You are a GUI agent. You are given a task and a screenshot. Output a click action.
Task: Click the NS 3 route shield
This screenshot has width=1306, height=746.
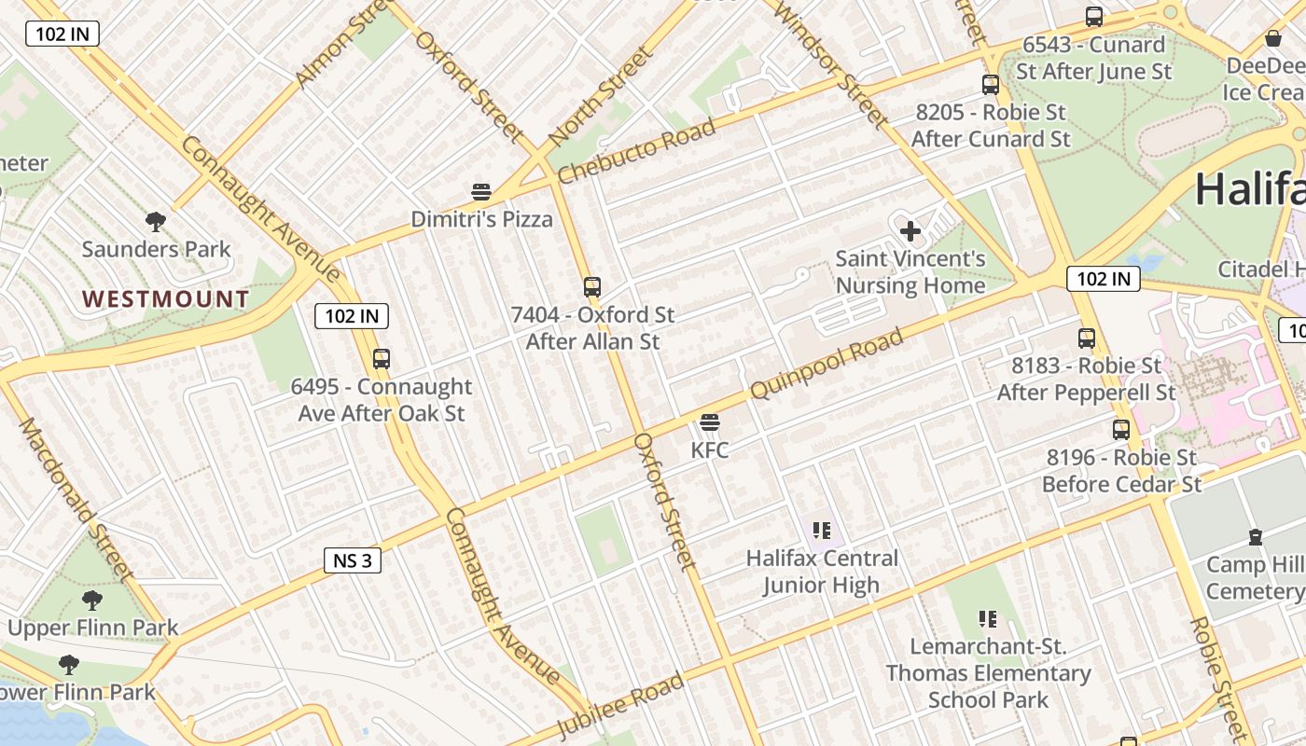pos(353,559)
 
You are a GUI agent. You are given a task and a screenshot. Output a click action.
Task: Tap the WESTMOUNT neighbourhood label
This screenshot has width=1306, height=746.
pos(165,299)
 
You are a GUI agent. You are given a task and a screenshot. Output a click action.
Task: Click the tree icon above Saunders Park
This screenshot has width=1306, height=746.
pos(156,222)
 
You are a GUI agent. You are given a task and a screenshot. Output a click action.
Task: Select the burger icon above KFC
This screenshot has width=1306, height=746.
pos(709,423)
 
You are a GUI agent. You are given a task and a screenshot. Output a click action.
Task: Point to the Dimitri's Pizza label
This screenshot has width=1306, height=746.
pos(481,220)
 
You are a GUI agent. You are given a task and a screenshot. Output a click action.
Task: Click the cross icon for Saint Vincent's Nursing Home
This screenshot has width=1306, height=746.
pos(910,231)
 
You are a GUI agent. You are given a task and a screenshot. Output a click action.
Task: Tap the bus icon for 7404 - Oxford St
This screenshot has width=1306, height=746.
pos(591,287)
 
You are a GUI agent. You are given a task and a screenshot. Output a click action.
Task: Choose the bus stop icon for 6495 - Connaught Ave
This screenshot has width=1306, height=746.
pos(381,359)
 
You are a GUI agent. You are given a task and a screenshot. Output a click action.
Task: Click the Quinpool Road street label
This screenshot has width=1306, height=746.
pos(827,364)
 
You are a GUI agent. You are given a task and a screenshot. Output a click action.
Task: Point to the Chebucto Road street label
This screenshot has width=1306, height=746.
pos(636,151)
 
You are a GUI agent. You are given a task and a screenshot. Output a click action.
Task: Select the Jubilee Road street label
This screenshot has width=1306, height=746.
pos(620,706)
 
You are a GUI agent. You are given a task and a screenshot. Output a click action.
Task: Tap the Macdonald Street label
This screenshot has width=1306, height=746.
pos(76,499)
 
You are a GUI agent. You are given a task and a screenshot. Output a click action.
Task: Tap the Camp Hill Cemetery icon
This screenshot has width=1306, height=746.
pos(1256,538)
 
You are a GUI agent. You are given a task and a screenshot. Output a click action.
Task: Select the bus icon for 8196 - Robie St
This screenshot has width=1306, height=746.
pos(1120,430)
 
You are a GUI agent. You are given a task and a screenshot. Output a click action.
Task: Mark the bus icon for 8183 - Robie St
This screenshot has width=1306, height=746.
pos(1086,338)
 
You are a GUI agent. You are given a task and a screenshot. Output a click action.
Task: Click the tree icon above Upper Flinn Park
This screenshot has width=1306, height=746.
pos(91,601)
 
